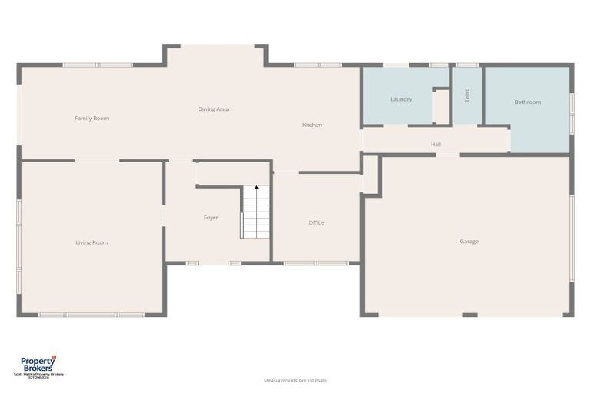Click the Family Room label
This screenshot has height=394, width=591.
[92, 119]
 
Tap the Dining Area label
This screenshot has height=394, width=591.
[213, 109]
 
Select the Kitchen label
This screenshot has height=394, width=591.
[312, 125]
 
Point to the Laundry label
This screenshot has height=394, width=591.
[401, 99]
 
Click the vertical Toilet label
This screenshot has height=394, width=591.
[466, 95]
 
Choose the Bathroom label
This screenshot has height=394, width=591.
[527, 102]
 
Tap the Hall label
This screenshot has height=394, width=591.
[436, 144]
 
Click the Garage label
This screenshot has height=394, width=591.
[469, 242]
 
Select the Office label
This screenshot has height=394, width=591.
[316, 222]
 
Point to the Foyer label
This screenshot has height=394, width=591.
[211, 218]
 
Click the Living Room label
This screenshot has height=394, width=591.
[92, 242]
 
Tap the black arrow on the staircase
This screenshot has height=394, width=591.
[256, 188]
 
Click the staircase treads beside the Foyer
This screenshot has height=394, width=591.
[256, 212]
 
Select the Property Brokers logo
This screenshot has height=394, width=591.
[38, 363]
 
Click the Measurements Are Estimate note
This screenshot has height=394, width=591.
[295, 380]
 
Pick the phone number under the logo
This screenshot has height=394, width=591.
[38, 377]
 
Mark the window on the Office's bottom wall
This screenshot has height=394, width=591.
[316, 263]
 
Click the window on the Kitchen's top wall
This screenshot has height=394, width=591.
[318, 65]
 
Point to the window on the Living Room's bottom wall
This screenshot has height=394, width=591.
[91, 314]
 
